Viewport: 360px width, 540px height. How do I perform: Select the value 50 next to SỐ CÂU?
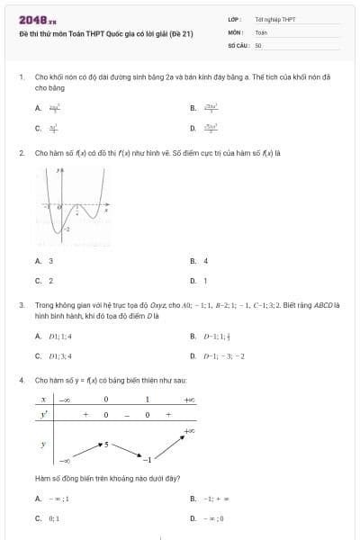258,44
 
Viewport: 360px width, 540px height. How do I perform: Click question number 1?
21,78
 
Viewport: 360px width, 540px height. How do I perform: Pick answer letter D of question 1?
193,128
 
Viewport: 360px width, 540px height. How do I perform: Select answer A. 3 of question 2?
44,261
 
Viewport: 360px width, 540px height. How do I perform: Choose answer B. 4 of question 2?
199,261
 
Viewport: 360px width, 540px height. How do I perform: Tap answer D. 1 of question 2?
199,281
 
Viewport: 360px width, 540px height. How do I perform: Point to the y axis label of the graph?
58,168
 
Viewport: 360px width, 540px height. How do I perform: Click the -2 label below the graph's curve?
55,231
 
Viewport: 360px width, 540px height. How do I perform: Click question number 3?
21,305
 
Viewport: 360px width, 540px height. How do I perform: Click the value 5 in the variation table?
105,444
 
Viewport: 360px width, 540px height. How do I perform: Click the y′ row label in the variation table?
43,414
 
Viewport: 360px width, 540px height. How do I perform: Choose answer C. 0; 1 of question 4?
47,517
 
